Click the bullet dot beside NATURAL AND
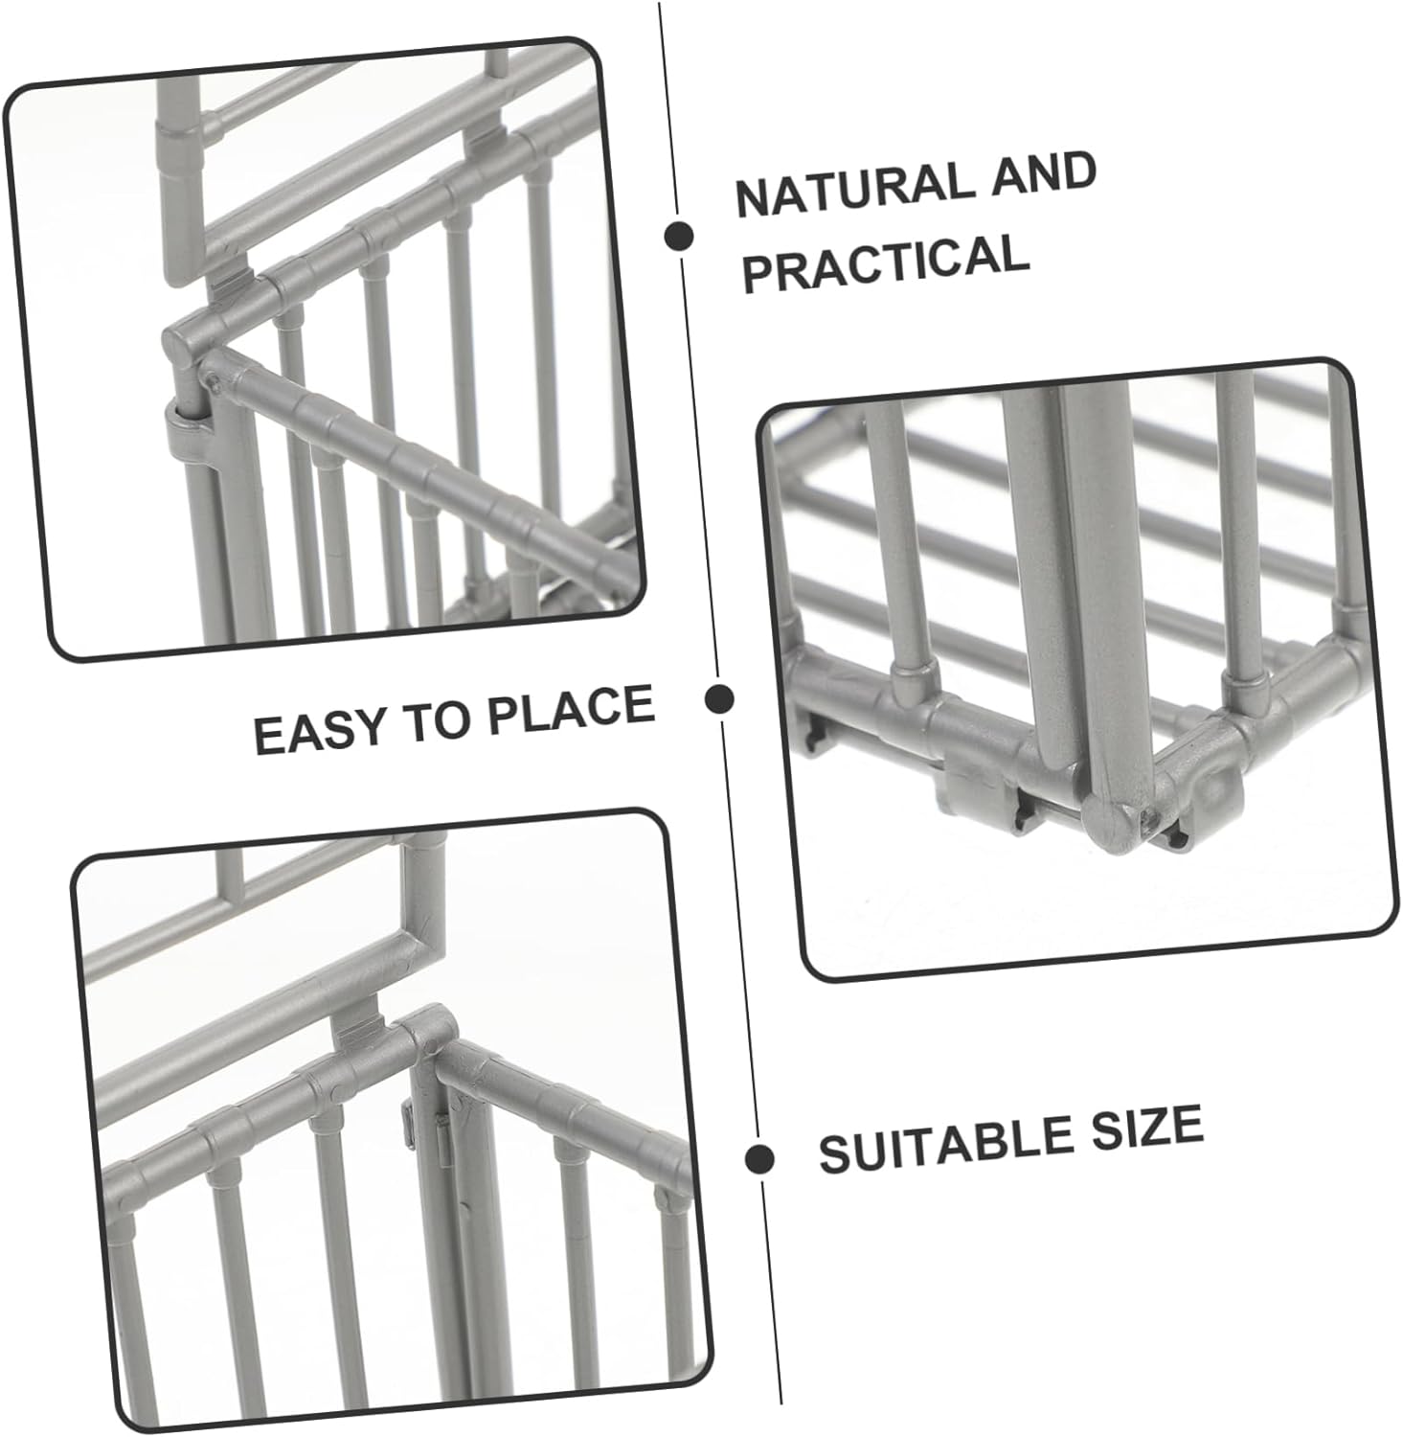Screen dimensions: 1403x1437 680,236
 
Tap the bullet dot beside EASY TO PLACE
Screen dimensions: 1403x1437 719,698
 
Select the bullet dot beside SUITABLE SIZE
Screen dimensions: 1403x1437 760,1158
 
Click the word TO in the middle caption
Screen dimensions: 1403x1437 441,720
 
